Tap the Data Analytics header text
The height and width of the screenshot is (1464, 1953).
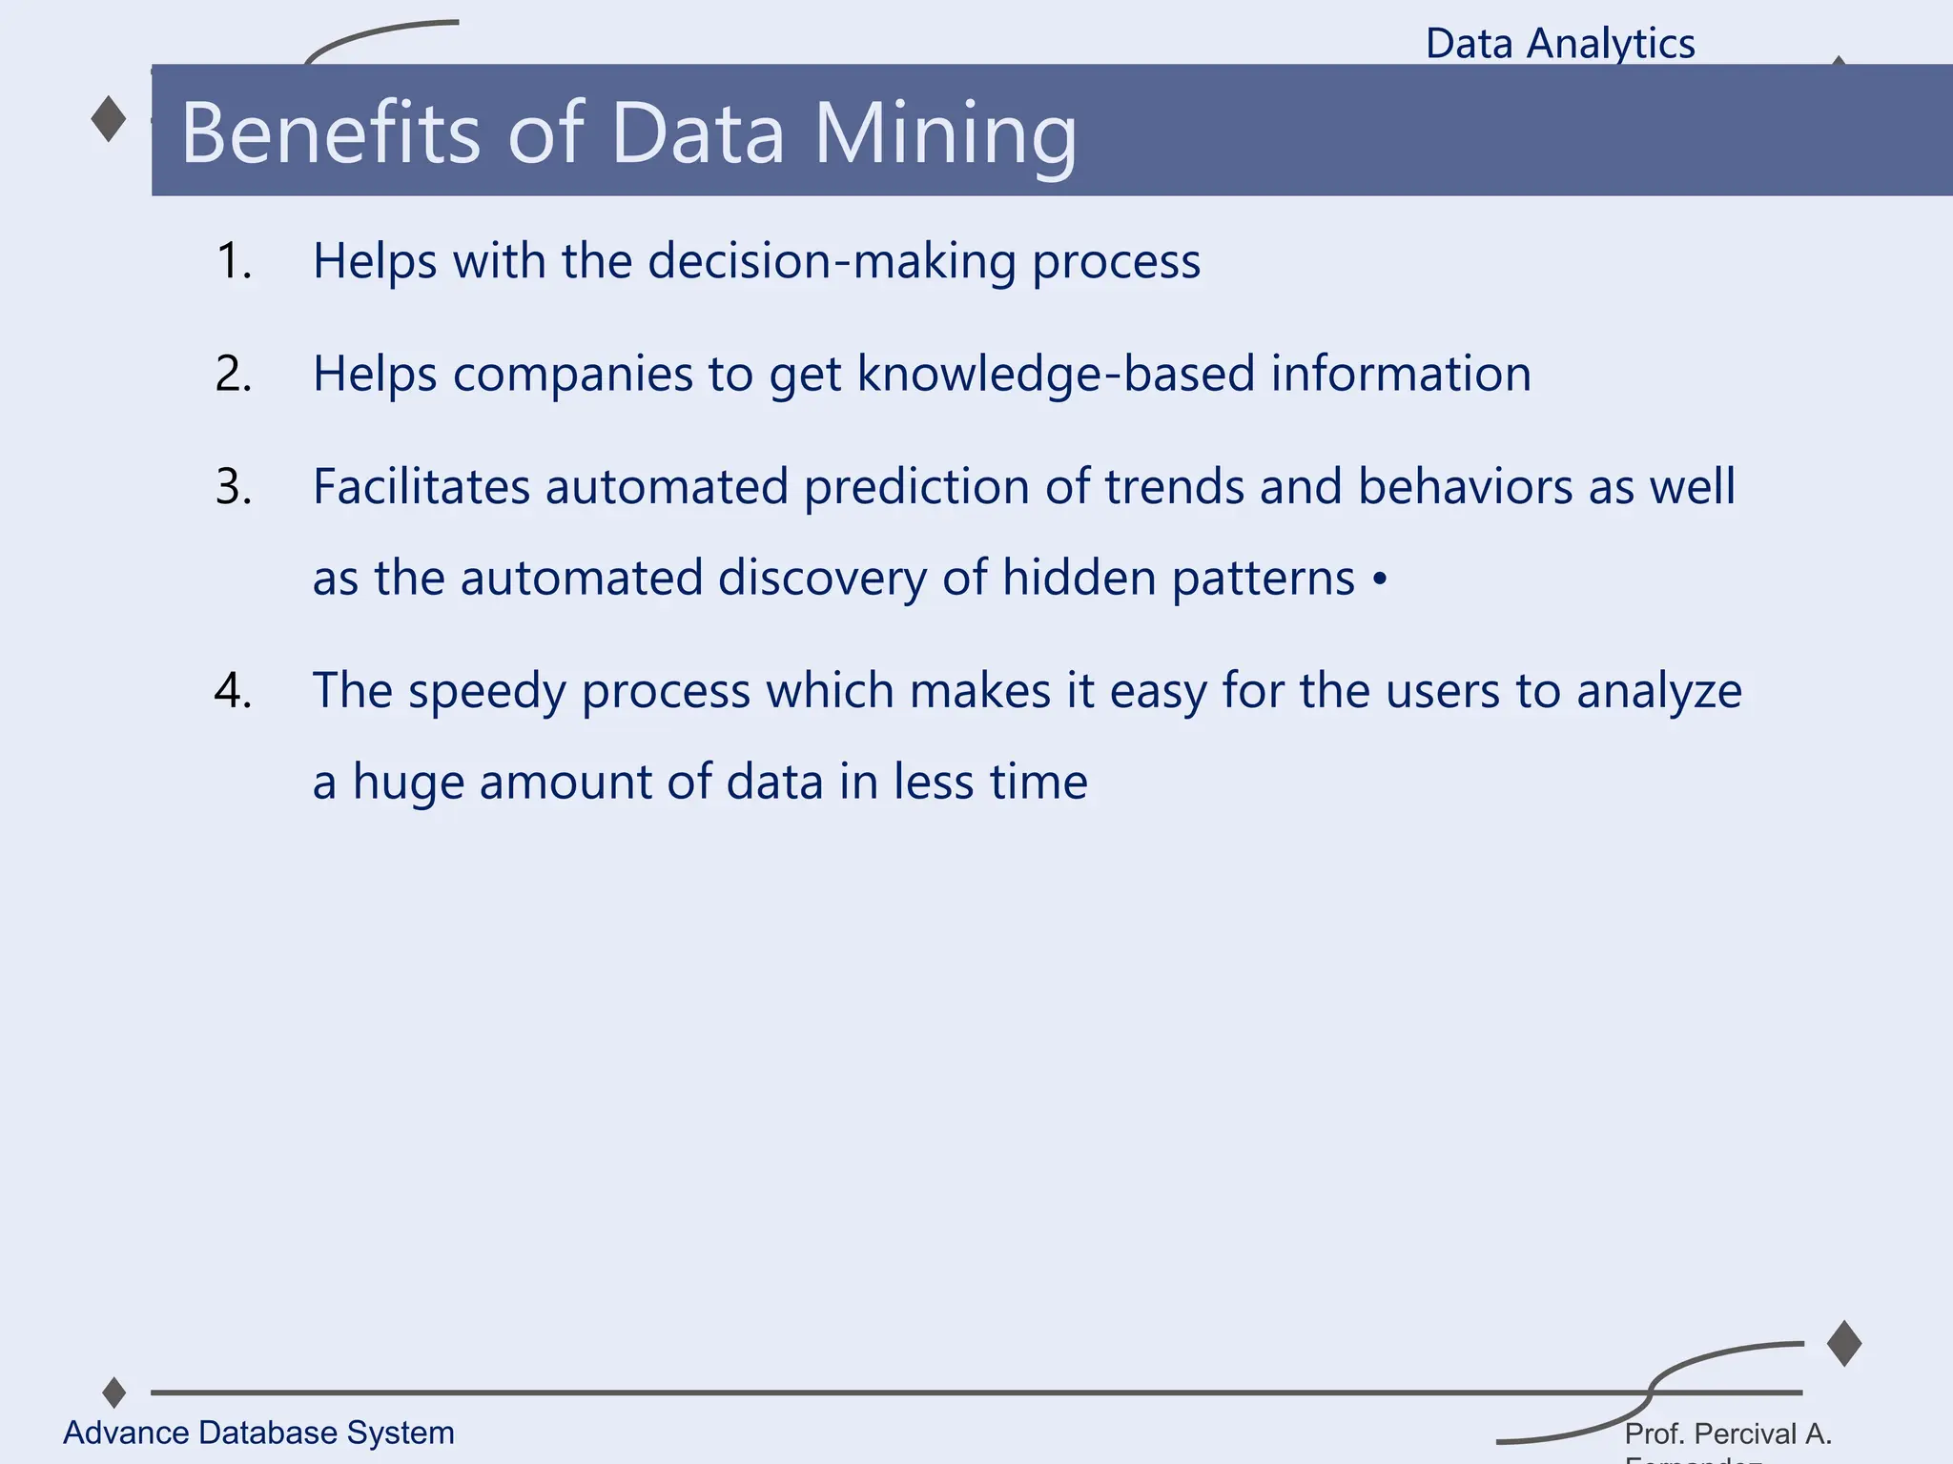[x=1560, y=44]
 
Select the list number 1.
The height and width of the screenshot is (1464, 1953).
[x=234, y=261]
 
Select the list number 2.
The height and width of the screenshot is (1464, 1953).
[x=234, y=374]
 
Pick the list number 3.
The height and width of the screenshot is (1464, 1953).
[x=234, y=487]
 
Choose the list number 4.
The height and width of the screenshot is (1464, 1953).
[x=234, y=690]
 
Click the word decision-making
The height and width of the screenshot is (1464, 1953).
[x=832, y=262]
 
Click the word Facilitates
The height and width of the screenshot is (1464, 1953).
[x=421, y=487]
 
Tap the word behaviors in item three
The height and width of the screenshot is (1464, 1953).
[x=1465, y=487]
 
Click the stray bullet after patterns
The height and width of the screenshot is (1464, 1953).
[x=1380, y=579]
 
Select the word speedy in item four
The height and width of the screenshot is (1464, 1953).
[x=486, y=692]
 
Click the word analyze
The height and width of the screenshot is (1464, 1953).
[x=1658, y=692]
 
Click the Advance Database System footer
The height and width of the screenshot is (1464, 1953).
[x=258, y=1433]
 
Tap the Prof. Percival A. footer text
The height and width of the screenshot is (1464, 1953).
[x=1728, y=1433]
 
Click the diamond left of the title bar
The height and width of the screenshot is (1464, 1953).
[x=109, y=119]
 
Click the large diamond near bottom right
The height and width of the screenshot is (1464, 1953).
[x=1844, y=1344]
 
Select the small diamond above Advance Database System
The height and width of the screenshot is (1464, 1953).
[x=114, y=1393]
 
